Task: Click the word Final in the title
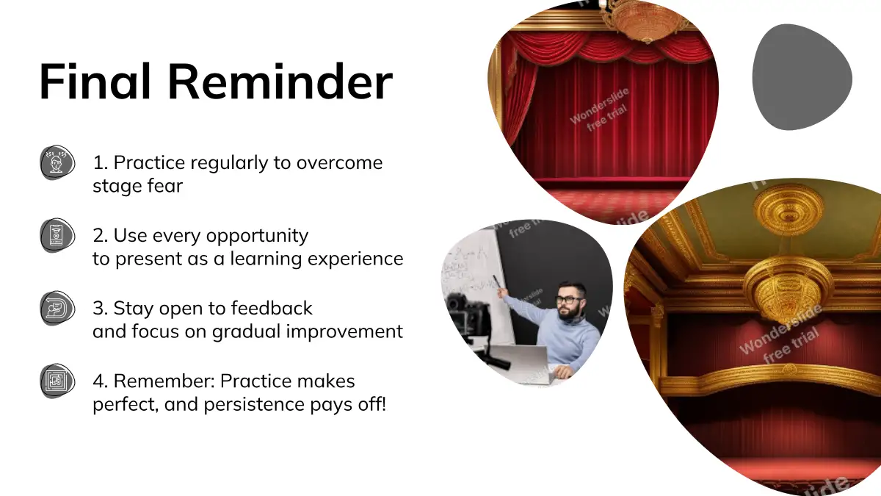pyautogui.click(x=95, y=82)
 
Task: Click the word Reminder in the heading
pyautogui.click(x=280, y=82)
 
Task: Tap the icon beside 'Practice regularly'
pyautogui.click(x=57, y=162)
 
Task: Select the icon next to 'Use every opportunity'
pyautogui.click(x=57, y=235)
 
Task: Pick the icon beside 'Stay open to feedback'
pyautogui.click(x=57, y=308)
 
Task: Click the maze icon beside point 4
pyautogui.click(x=57, y=381)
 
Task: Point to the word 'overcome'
pyautogui.click(x=339, y=163)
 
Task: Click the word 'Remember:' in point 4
pyautogui.click(x=164, y=381)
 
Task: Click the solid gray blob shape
pyautogui.click(x=802, y=76)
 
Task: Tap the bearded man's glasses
pyautogui.click(x=569, y=300)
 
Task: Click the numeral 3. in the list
pyautogui.click(x=101, y=308)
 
